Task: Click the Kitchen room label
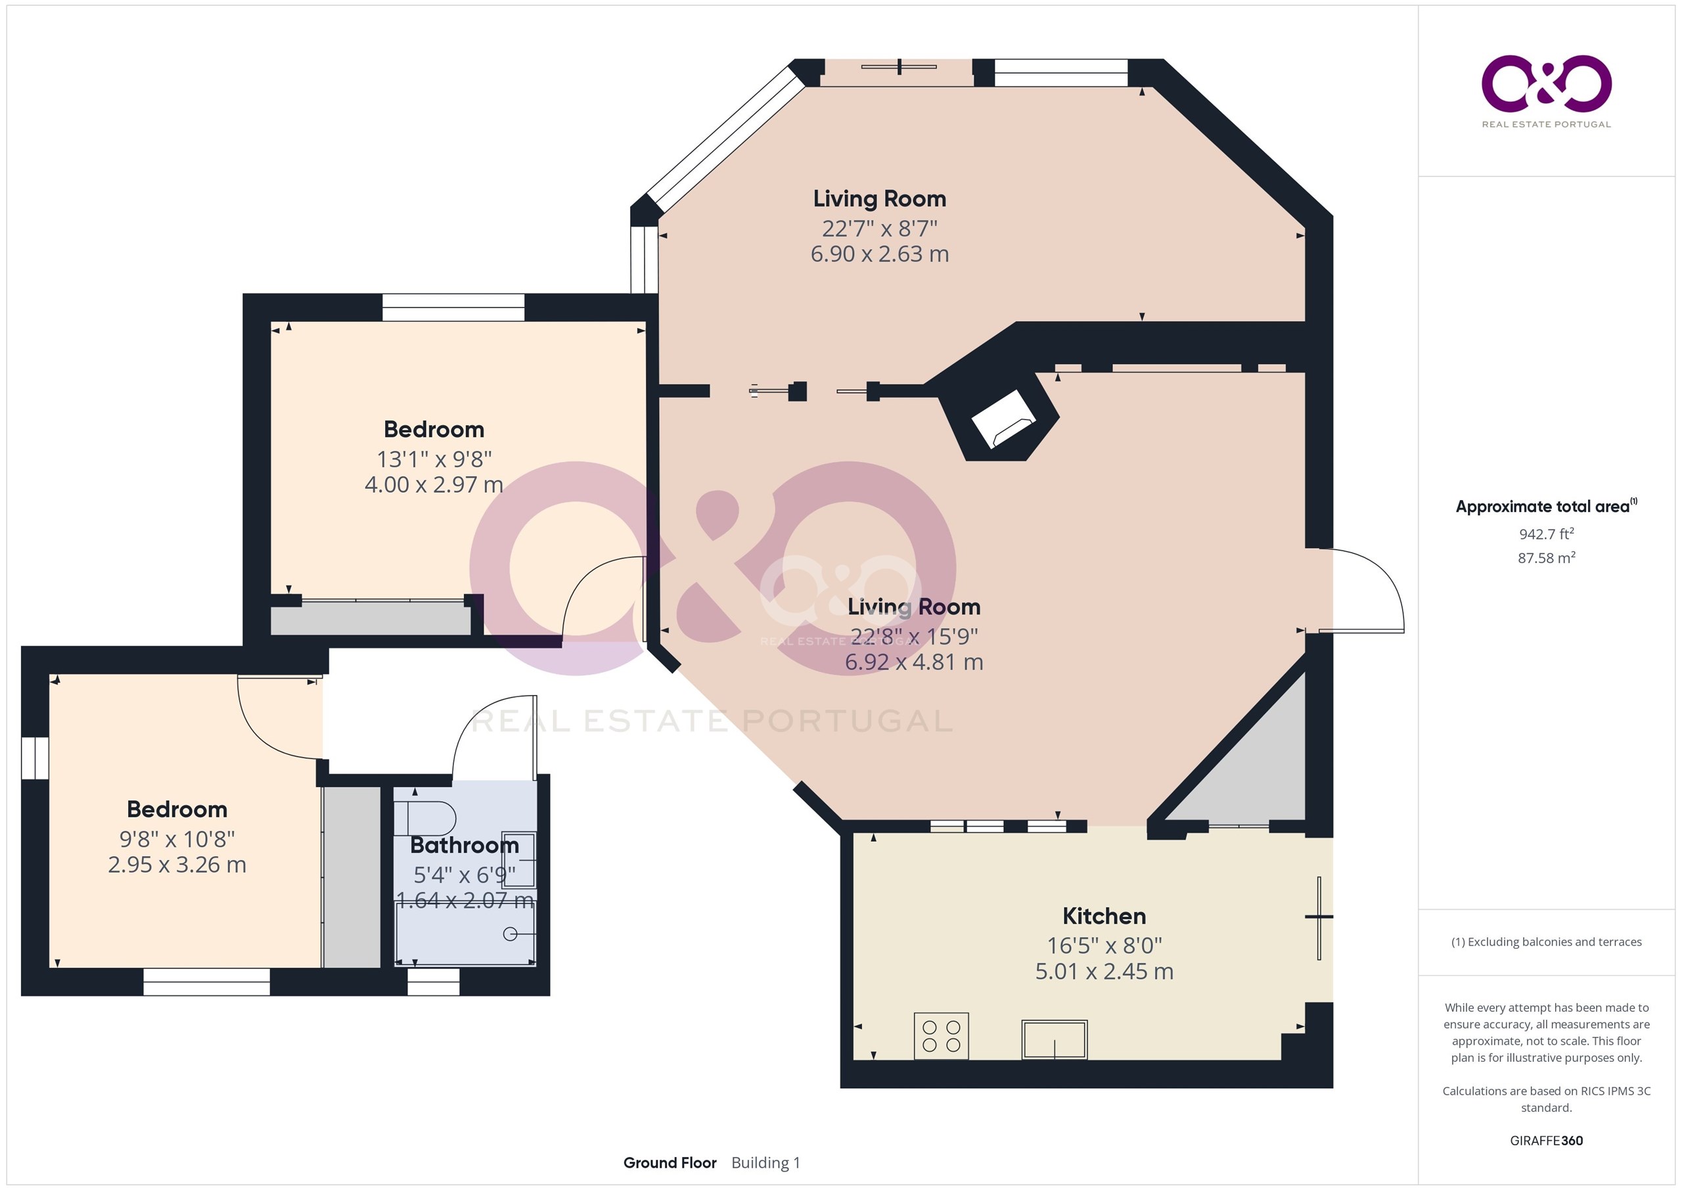tap(1104, 916)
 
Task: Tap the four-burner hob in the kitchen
tap(942, 1036)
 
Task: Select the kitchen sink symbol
tap(1054, 1040)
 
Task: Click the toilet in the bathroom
tap(425, 819)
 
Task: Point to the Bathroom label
tap(465, 845)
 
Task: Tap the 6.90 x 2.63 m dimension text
tap(879, 254)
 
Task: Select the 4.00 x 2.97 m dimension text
tap(434, 484)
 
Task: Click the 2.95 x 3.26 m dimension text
tap(177, 865)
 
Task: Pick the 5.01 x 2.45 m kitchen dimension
tap(1104, 972)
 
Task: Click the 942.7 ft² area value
tap(1547, 534)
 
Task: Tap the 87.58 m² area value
tap(1547, 558)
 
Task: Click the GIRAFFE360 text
tap(1547, 1141)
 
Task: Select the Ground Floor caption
tap(670, 1163)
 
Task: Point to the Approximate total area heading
tap(1546, 507)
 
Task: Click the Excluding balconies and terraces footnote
tap(1547, 942)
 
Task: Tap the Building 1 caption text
tap(765, 1163)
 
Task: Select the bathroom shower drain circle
tap(511, 934)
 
